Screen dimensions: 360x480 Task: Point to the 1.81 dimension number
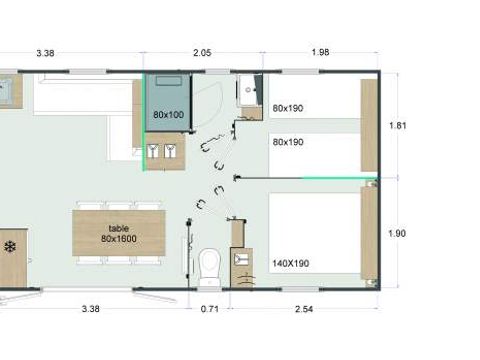[x=398, y=126]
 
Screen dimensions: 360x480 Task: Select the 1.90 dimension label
[x=398, y=233]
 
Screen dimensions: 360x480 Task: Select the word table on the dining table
[x=118, y=227]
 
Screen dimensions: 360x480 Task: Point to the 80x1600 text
[x=118, y=239]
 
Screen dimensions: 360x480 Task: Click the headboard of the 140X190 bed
[x=369, y=236]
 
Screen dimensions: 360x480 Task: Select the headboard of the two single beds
[x=369, y=125]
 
